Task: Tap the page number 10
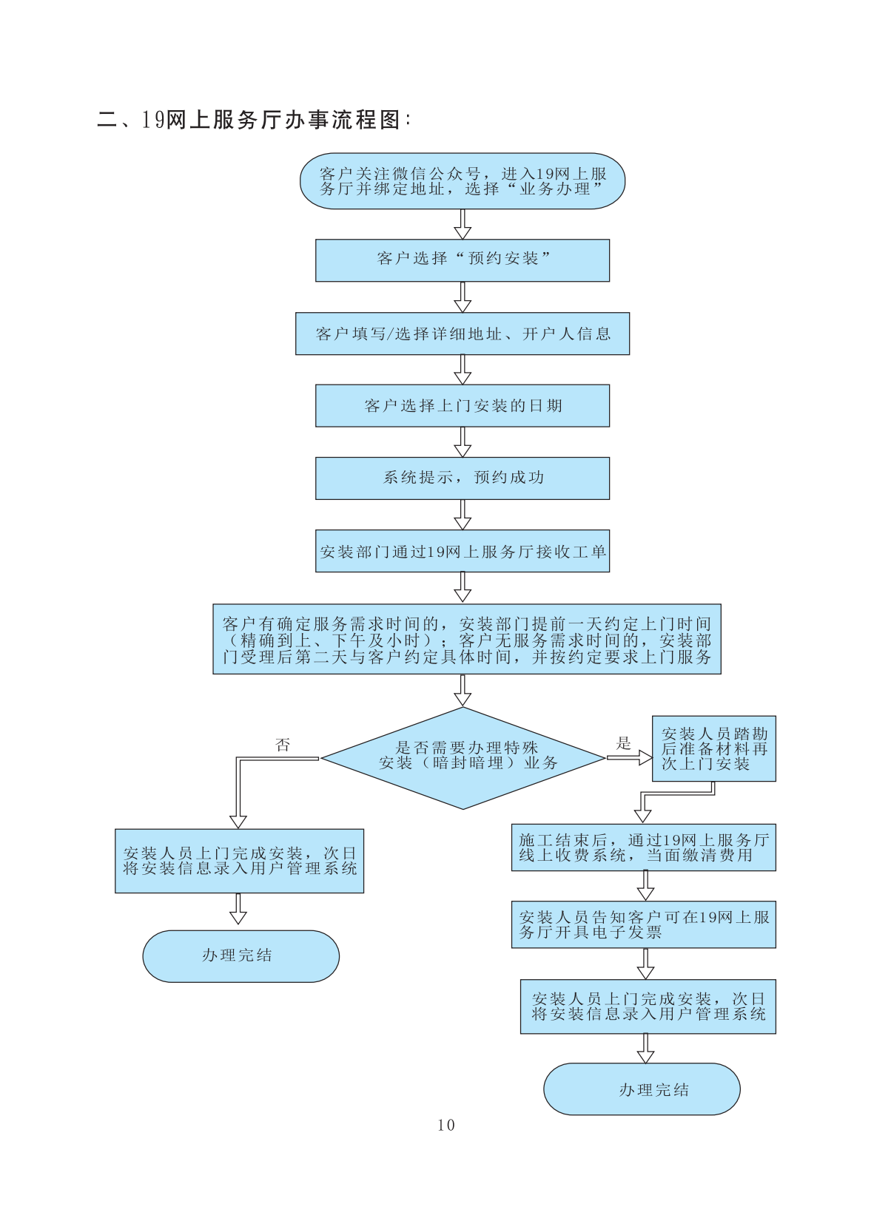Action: pyautogui.click(x=446, y=1125)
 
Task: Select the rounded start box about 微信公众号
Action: pyautogui.click(x=463, y=181)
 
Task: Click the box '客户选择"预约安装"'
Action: pyautogui.click(x=463, y=260)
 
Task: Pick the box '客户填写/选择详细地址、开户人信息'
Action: pyautogui.click(x=463, y=334)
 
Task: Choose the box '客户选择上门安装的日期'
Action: pyautogui.click(x=463, y=405)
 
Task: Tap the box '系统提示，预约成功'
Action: pyautogui.click(x=463, y=478)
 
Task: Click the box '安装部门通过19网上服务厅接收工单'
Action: pyautogui.click(x=463, y=551)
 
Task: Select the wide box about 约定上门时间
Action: pyautogui.click(x=467, y=639)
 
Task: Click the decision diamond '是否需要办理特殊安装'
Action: pyautogui.click(x=463, y=757)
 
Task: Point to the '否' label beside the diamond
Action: pyautogui.click(x=283, y=745)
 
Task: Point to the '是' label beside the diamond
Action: pyautogui.click(x=624, y=742)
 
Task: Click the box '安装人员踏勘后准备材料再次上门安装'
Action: pyautogui.click(x=714, y=748)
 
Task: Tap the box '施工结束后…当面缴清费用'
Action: pyautogui.click(x=643, y=847)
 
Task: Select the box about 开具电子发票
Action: pyautogui.click(x=643, y=924)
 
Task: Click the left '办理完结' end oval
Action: pyautogui.click(x=241, y=956)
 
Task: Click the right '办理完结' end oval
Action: pyautogui.click(x=642, y=1089)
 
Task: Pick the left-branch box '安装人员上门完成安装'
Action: pyautogui.click(x=239, y=861)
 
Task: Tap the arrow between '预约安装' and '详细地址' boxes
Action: pyautogui.click(x=463, y=297)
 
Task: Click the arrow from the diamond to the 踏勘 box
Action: pyautogui.click(x=629, y=757)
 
